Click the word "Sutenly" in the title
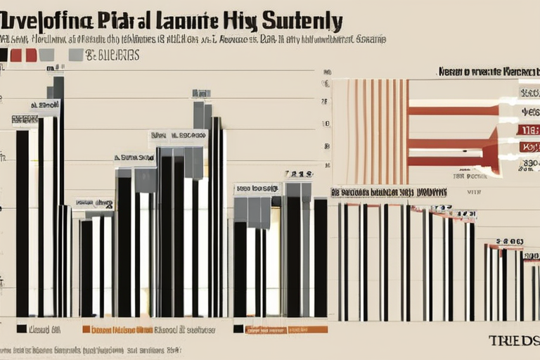point(302,20)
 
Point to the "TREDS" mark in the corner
point(513,340)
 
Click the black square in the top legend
point(4,55)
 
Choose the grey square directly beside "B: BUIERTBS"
point(75,55)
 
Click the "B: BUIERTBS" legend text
point(112,55)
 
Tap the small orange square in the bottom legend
point(86,329)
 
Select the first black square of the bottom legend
point(21,328)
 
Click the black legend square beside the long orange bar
point(238,328)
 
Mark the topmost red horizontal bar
point(454,110)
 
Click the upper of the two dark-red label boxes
point(528,129)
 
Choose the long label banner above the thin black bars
point(388,191)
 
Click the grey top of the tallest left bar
point(58,87)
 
